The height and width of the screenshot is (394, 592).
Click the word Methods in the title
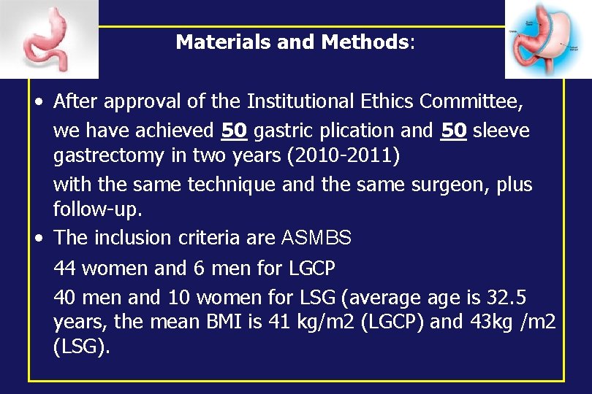coord(365,42)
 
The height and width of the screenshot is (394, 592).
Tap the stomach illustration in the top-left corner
coord(49,39)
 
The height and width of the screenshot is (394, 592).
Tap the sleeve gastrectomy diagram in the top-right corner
coord(544,39)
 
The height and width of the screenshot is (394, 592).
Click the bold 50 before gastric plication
coord(234,131)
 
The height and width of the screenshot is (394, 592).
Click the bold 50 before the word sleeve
coord(455,131)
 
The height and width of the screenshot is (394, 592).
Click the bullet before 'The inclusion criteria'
coord(37,238)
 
